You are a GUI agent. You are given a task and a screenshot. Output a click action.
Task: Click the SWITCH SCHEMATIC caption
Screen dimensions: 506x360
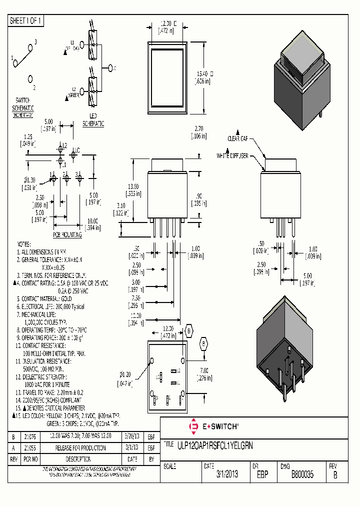(23, 104)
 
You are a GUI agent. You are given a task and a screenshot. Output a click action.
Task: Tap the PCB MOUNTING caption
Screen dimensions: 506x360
(67, 233)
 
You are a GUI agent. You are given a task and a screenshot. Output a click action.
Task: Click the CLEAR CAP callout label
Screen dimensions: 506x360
(238, 138)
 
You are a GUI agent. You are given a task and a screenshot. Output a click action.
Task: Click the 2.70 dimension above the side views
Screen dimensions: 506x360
(199, 128)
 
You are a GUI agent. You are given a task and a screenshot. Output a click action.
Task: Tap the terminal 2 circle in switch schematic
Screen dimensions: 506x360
(31, 78)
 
